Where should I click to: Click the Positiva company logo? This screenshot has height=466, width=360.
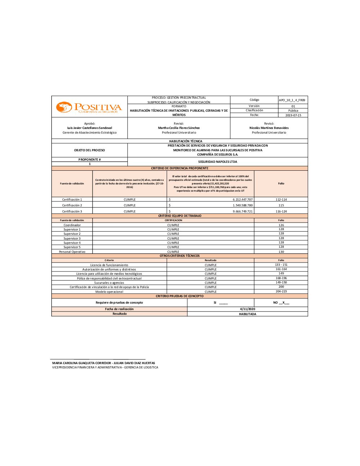pyautogui.click(x=89, y=107)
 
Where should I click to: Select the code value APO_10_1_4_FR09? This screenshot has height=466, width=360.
pyautogui.click(x=292, y=100)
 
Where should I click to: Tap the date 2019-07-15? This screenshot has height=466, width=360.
pyautogui.click(x=293, y=115)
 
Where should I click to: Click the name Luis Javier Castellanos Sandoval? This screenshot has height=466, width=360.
pyautogui.click(x=90, y=128)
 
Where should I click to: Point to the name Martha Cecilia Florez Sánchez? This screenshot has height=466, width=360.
pyautogui.click(x=179, y=128)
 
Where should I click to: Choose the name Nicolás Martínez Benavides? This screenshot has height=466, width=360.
pyautogui.click(x=269, y=128)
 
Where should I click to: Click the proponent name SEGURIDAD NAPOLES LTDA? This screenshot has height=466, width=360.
pyautogui.click(x=217, y=162)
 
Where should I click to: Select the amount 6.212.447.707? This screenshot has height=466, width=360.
pyautogui.click(x=243, y=200)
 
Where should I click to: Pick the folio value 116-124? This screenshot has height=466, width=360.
pyautogui.click(x=281, y=211)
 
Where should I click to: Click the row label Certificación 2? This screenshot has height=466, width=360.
pyautogui.click(x=72, y=205)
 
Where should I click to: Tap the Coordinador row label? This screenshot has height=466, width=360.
pyautogui.click(x=72, y=225)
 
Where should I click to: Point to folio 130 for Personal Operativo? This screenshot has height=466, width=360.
pyautogui.click(x=281, y=252)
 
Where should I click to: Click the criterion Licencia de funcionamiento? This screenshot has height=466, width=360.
pyautogui.click(x=109, y=265)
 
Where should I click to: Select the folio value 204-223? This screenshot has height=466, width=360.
pyautogui.click(x=281, y=291)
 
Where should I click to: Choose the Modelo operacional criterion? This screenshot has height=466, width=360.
pyautogui.click(x=109, y=292)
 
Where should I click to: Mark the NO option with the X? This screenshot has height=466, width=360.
pyautogui.click(x=281, y=303)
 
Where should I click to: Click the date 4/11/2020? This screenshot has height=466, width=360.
pyautogui.click(x=248, y=309)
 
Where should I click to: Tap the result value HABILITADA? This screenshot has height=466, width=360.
pyautogui.click(x=248, y=314)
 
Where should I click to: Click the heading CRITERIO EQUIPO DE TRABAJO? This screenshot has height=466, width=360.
pyautogui.click(x=180, y=216)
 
